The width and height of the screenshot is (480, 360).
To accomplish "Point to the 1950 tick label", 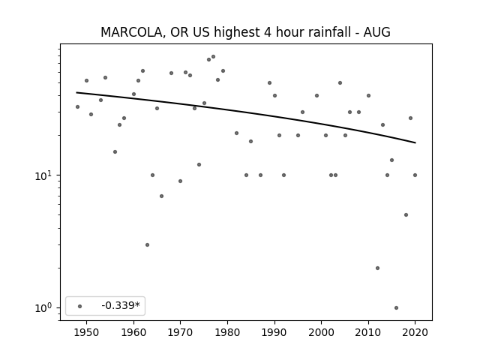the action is pos(87,332).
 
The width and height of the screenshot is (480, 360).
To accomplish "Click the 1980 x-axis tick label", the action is pos(227,332).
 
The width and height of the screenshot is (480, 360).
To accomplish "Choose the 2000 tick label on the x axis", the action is pos(322,332).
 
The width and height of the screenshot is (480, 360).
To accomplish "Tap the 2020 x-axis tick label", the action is pos(415,332).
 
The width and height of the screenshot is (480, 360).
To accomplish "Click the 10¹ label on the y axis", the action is pos(43,175).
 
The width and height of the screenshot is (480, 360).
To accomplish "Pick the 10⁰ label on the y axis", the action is pos(43,308).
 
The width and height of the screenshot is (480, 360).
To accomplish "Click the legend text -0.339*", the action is pos(121,305).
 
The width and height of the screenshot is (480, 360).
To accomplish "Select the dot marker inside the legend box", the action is pos(80,306).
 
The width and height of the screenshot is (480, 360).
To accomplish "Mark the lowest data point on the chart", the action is pos(397,308).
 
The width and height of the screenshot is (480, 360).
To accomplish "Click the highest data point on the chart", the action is pos(213,57).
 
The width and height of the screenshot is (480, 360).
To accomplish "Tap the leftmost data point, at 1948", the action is pos(77,106).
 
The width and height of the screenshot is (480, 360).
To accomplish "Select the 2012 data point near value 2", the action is pos(377,268).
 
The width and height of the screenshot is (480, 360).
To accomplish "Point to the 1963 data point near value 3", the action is pos(147,245).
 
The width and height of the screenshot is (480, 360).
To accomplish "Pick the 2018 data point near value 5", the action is pos(406,215).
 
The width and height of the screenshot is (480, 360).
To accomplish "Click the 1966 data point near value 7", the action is pos(162,196).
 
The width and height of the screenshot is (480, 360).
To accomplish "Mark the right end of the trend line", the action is pos(415,142).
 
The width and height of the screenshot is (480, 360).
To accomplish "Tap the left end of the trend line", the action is pos(76,92).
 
